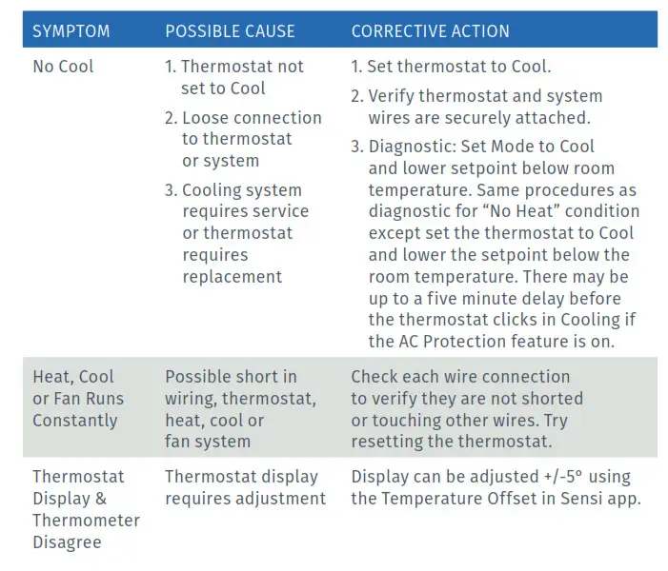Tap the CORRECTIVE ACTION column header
click(430, 31)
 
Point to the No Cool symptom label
click(63, 68)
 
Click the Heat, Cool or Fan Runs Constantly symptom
click(78, 398)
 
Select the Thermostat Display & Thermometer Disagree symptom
click(86, 509)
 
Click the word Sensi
click(577, 499)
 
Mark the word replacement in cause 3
click(232, 277)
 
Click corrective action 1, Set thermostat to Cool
click(452, 68)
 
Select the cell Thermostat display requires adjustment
click(245, 487)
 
